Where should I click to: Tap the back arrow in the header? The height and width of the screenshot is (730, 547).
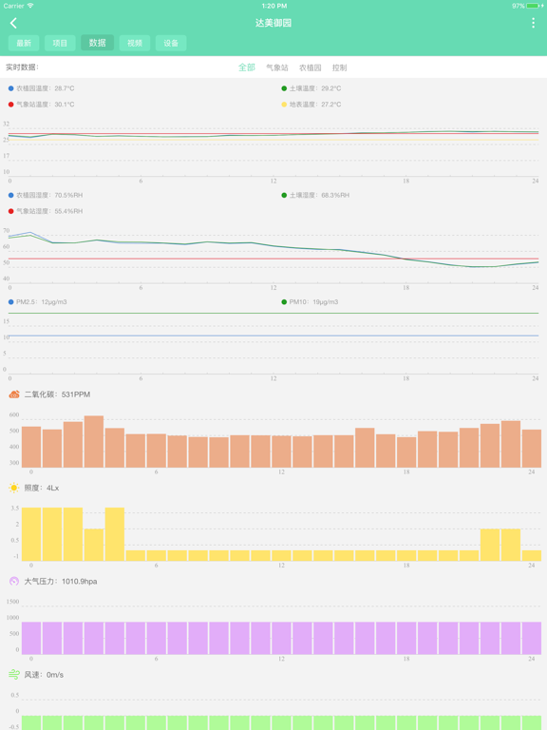click(13, 23)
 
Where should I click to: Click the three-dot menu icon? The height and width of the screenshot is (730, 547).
click(533, 23)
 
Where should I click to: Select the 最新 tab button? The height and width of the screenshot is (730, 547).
click(24, 43)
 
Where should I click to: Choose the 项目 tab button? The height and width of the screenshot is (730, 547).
click(60, 43)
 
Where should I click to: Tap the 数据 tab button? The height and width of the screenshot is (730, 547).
click(97, 43)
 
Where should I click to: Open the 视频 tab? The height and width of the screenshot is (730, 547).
click(135, 43)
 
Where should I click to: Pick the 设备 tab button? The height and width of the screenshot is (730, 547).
click(171, 43)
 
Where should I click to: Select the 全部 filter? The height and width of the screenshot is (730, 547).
click(246, 67)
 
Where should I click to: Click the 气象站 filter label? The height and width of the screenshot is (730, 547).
click(277, 67)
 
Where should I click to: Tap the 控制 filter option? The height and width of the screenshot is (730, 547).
click(339, 67)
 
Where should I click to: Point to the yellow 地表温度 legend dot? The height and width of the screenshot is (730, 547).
click(284, 105)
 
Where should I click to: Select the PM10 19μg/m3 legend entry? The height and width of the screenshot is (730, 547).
click(314, 302)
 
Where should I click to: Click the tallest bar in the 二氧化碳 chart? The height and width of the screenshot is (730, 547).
click(94, 441)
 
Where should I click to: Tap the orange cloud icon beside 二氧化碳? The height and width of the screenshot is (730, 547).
click(14, 394)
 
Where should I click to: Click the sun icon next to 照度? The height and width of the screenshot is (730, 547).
click(14, 488)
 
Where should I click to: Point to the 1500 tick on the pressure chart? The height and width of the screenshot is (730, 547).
click(12, 602)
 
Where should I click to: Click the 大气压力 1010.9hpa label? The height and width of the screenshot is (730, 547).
click(61, 581)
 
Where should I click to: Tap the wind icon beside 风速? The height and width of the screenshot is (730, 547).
click(14, 675)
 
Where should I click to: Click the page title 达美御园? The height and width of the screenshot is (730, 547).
click(273, 23)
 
